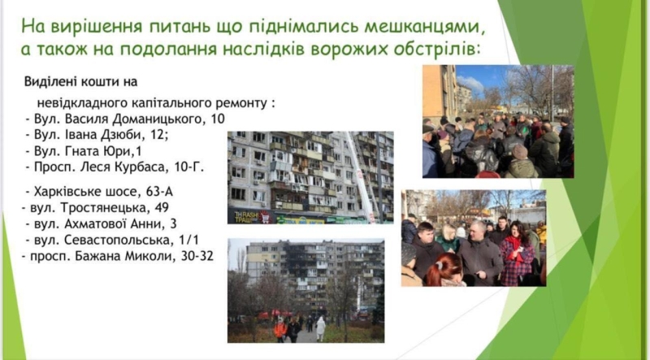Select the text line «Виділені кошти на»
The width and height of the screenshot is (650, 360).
pyautogui.click(x=80, y=82)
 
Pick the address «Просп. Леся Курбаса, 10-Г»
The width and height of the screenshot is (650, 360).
pyautogui.click(x=114, y=168)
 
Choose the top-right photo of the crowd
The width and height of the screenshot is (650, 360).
pyautogui.click(x=497, y=121)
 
